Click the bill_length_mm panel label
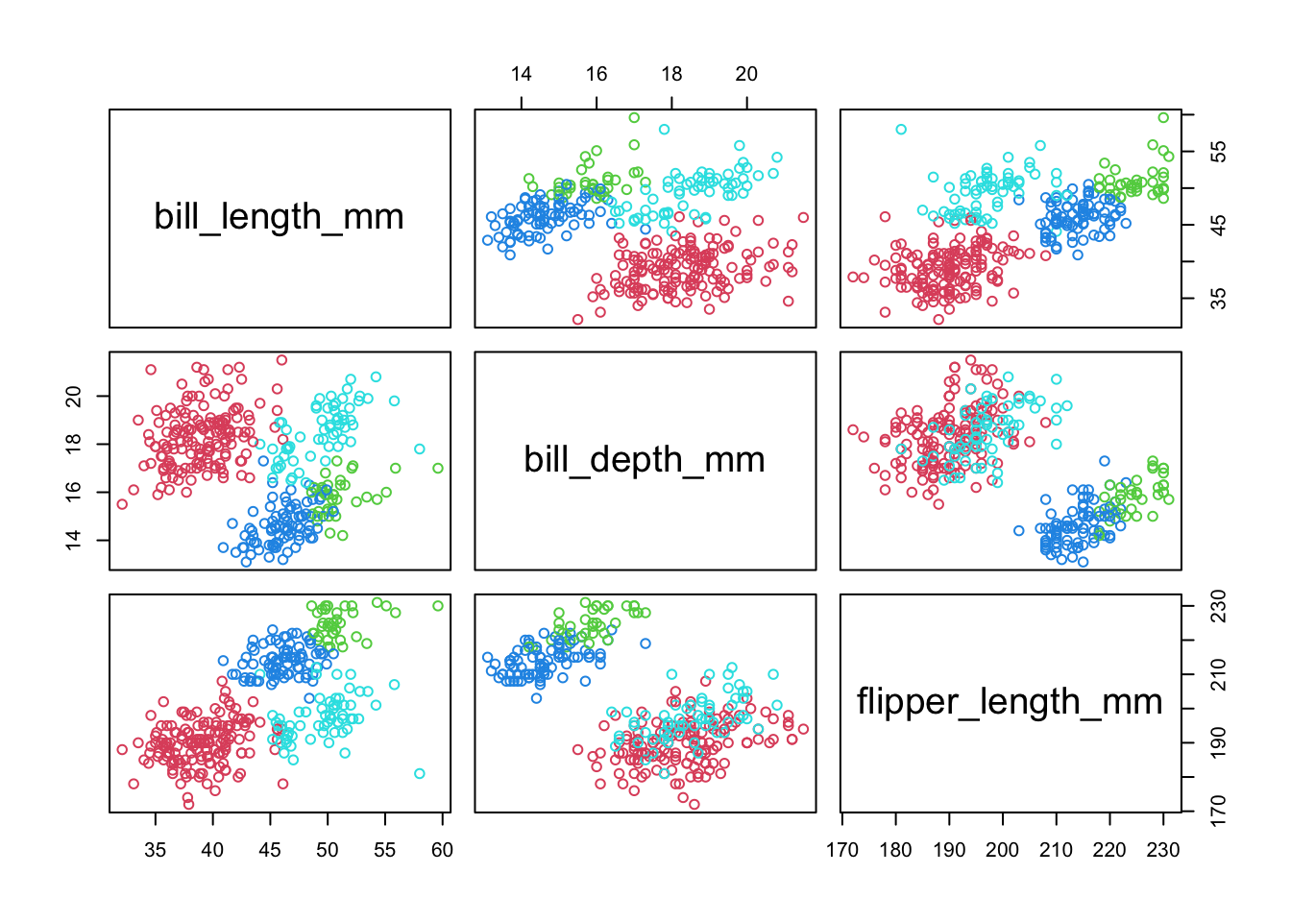tap(279, 217)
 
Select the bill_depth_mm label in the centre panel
tap(645, 460)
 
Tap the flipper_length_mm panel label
tap(1010, 702)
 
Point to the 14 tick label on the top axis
tap(522, 74)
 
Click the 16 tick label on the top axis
tap(597, 74)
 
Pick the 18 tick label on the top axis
tap(671, 74)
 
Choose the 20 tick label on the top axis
tap(746, 74)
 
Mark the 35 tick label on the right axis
tap(1219, 299)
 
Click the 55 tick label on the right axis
tap(1219, 152)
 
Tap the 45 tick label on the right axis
tap(1219, 226)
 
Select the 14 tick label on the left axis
tap(74, 540)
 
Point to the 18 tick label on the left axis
tap(74, 444)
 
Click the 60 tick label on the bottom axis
tap(442, 850)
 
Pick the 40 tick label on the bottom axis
tap(212, 850)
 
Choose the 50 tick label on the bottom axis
tap(328, 850)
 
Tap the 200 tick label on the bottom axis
tap(1003, 850)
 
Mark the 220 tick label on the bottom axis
tap(1109, 850)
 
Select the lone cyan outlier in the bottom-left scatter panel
tap(420, 773)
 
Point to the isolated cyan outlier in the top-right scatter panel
tap(901, 129)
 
